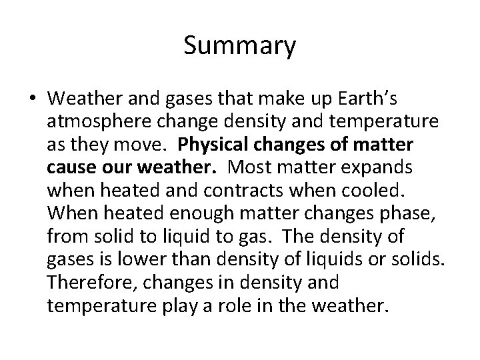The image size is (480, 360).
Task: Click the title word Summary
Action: [239, 47]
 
